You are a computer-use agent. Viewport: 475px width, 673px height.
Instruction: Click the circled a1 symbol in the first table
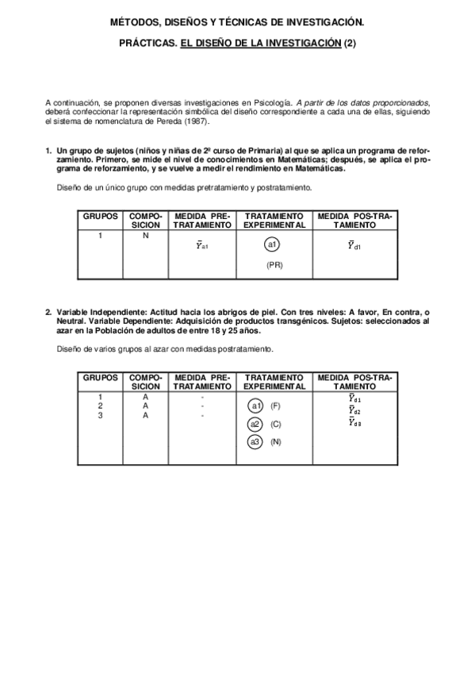coord(274,244)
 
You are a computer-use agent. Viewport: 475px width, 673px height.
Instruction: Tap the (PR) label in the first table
coord(274,265)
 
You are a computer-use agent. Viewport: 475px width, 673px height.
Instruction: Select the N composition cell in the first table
coord(145,236)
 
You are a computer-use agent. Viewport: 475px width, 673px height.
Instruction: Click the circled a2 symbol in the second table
coord(255,423)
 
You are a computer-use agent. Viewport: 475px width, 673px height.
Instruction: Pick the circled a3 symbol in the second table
coord(255,441)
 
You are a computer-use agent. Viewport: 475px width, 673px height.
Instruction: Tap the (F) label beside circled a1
coord(275,406)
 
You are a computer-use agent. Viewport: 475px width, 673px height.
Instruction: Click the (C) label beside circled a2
coord(275,424)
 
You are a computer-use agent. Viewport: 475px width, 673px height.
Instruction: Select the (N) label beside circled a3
coord(275,441)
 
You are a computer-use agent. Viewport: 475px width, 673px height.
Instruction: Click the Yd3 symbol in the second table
coord(354,422)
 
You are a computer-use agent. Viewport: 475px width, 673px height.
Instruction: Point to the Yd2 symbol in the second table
coord(354,410)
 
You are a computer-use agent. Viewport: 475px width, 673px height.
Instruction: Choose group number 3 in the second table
coord(100,415)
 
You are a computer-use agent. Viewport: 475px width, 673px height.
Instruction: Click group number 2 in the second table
coord(100,406)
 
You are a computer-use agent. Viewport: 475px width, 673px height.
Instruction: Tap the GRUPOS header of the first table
coord(100,216)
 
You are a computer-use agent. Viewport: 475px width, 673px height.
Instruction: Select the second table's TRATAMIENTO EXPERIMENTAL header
coord(274,382)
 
